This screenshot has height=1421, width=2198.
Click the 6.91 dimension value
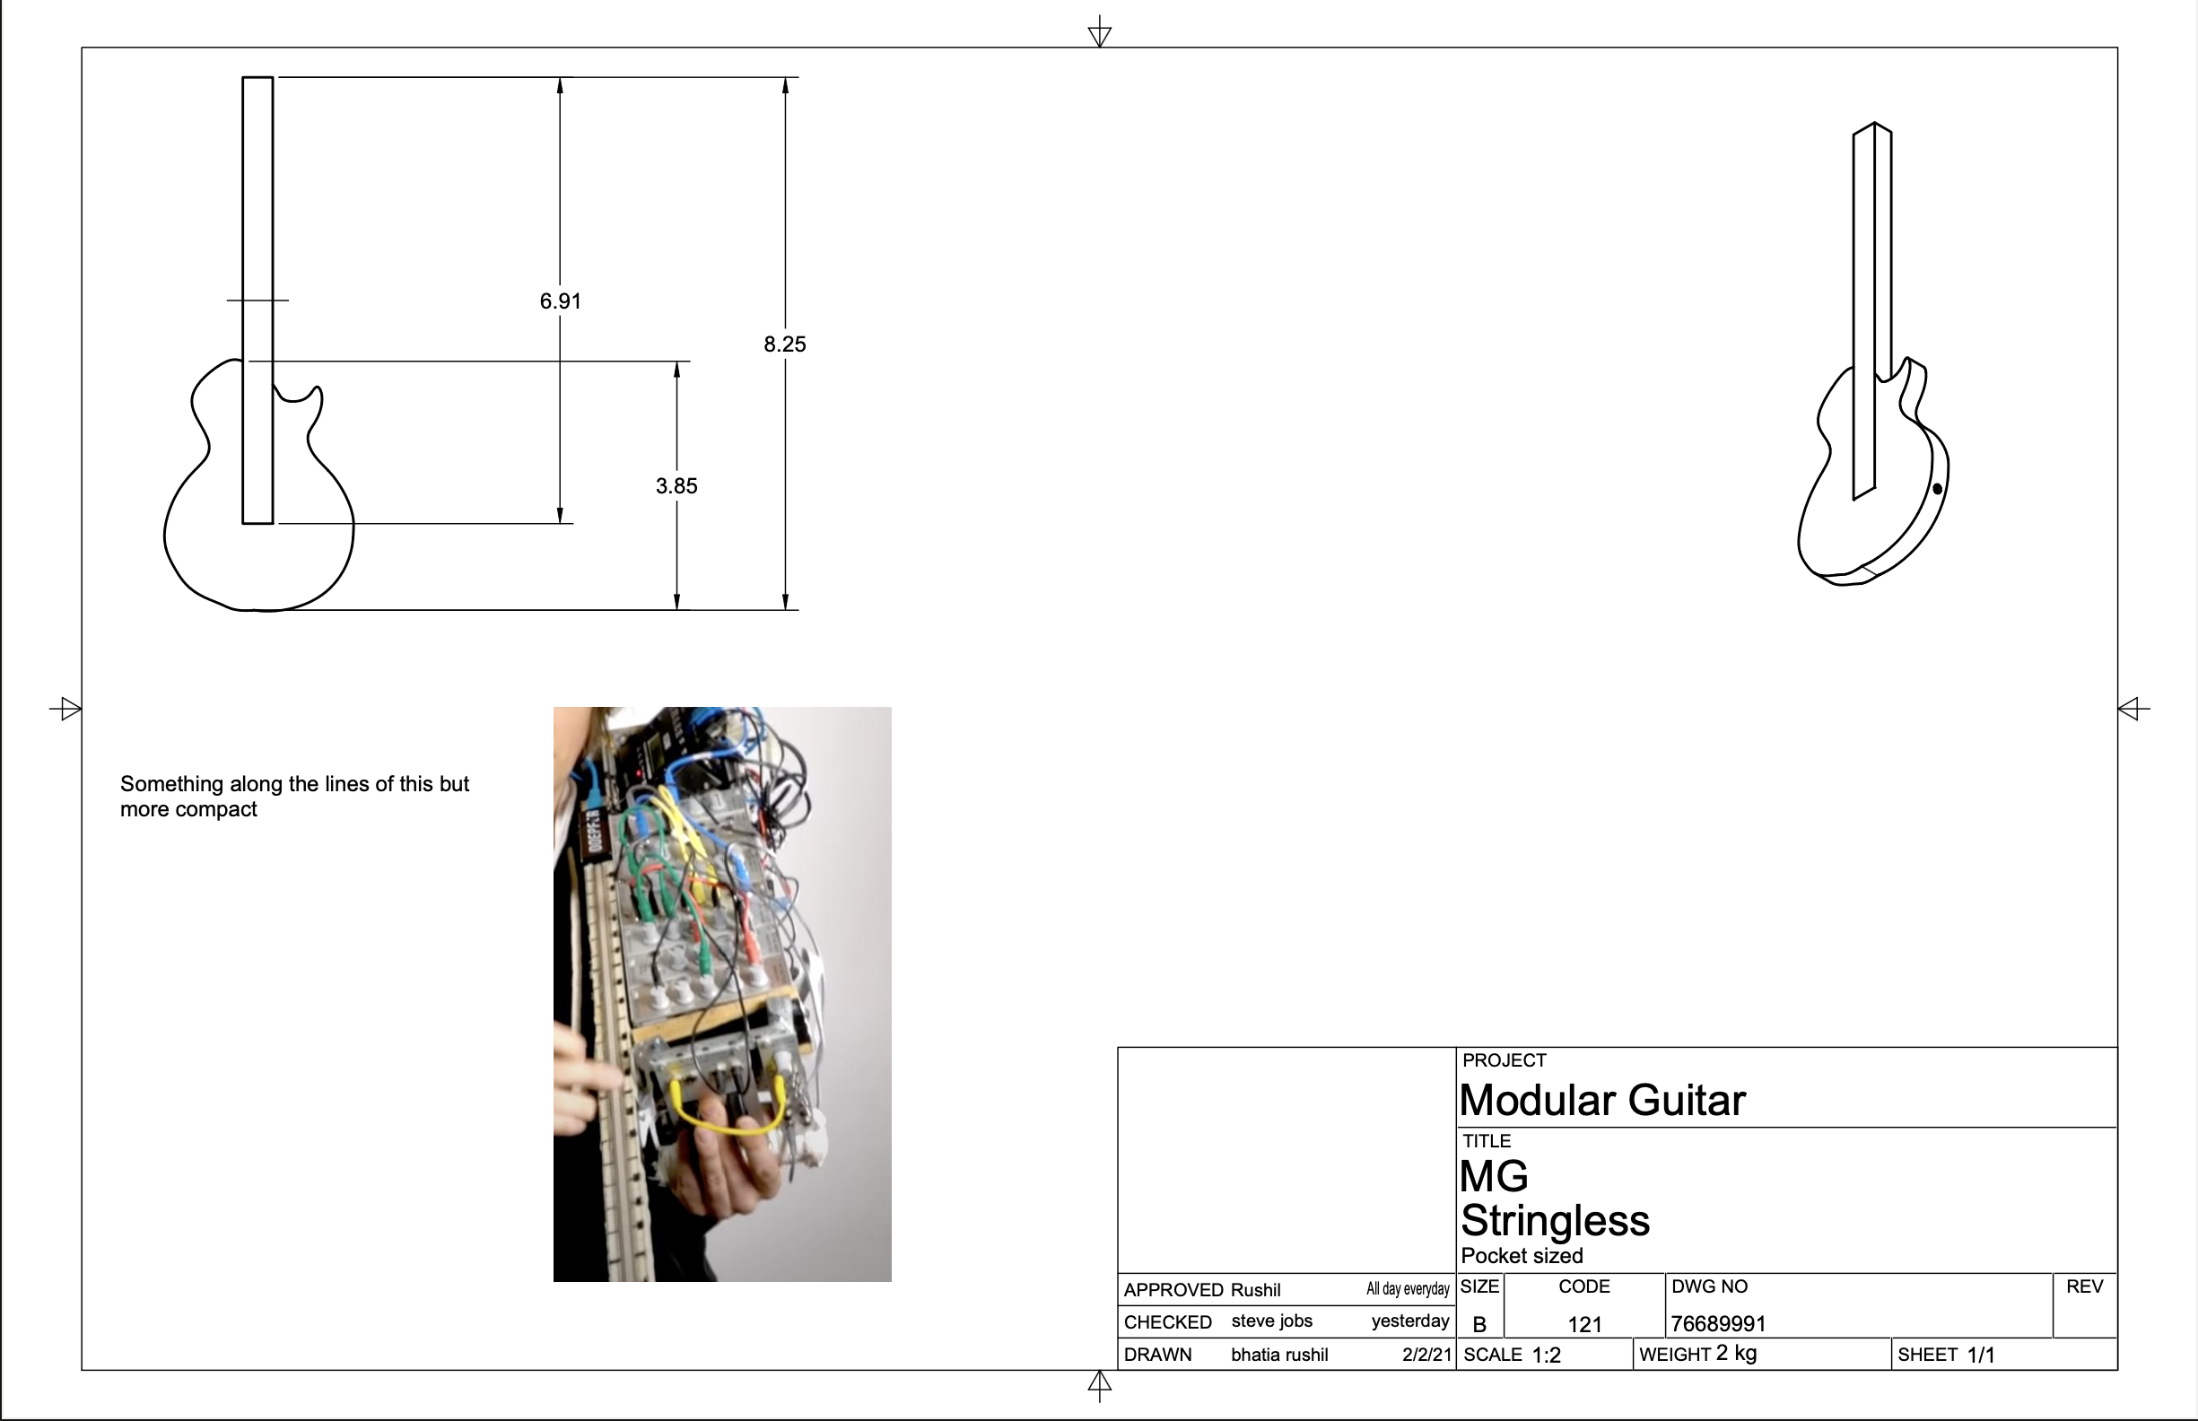click(560, 301)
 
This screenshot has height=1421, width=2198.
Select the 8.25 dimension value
click(784, 344)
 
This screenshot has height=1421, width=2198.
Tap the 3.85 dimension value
click(676, 486)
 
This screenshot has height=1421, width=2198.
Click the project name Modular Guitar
click(1603, 1100)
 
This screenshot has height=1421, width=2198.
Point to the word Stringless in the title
click(1555, 1220)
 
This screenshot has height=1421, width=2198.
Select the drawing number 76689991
click(1718, 1324)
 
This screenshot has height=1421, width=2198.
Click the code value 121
click(1584, 1325)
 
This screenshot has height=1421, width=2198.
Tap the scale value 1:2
click(1547, 1355)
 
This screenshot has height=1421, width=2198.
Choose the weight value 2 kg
click(1736, 1354)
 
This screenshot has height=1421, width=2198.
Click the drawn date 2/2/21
click(1426, 1355)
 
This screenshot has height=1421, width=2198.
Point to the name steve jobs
click(1271, 1321)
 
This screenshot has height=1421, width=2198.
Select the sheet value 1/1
click(1980, 1355)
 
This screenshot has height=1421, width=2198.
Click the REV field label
click(2084, 1286)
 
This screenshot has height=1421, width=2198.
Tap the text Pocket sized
click(1522, 1256)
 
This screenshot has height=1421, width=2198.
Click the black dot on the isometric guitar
click(1937, 489)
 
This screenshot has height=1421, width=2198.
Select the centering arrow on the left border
click(65, 709)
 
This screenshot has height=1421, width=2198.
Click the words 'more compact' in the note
click(188, 809)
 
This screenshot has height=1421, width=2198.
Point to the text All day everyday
click(1408, 1289)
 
